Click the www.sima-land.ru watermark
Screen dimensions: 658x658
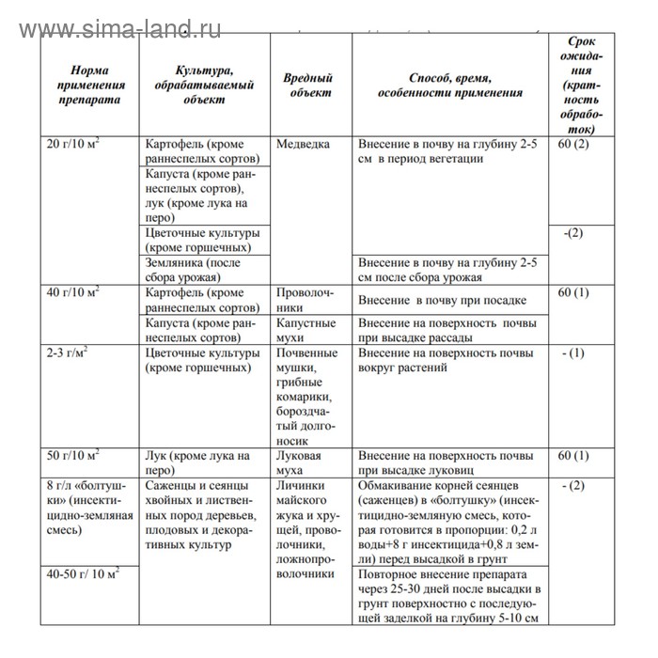(119, 28)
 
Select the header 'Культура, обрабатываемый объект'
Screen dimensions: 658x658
(204, 85)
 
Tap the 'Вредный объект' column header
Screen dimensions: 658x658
(308, 86)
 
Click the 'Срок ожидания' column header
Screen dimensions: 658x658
(580, 86)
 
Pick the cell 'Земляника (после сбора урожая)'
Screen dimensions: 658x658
(193, 271)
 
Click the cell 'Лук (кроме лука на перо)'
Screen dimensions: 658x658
(198, 462)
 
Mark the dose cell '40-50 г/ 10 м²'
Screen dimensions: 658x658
(84, 572)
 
